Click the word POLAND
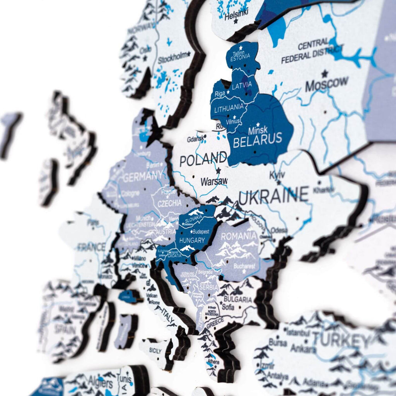click(203, 159)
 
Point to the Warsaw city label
click(214, 181)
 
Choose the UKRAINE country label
click(274, 195)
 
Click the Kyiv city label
click(277, 175)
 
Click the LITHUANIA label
click(229, 107)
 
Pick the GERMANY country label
click(142, 178)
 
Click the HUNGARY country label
click(192, 240)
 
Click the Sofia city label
click(228, 307)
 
